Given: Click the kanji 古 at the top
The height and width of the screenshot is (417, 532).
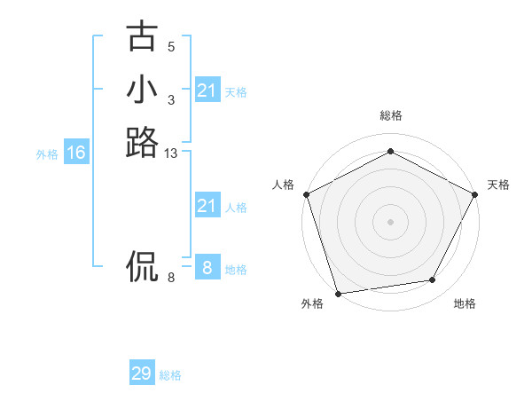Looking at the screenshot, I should click(x=142, y=37).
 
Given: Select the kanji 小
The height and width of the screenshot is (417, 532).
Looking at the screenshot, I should click(x=142, y=90).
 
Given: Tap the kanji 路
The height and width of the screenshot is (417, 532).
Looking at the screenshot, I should click(x=142, y=142).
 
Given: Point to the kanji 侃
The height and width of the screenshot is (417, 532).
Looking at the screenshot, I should click(x=142, y=264).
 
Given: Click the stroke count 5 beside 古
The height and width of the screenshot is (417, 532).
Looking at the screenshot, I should click(x=171, y=47).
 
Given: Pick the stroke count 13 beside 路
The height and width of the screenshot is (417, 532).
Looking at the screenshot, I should click(x=171, y=154).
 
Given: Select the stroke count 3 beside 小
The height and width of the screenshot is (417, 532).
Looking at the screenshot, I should click(x=171, y=100).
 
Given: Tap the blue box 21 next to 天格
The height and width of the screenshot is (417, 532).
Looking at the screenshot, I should click(x=207, y=90).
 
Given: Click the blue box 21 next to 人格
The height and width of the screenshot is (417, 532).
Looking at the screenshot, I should click(x=207, y=207).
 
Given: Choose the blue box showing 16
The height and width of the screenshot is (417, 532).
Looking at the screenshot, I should click(x=76, y=153).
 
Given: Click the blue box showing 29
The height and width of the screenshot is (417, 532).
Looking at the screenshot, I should click(x=141, y=374).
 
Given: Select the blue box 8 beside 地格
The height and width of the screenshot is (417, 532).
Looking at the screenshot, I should click(x=207, y=268).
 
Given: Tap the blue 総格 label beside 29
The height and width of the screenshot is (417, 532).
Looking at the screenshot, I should click(x=170, y=375).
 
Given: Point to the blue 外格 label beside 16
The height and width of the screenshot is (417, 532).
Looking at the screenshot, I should click(x=47, y=154).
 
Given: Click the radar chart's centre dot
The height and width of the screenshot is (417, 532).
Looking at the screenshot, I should click(x=390, y=222).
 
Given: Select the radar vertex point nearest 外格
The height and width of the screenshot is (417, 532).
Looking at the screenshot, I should click(x=338, y=294).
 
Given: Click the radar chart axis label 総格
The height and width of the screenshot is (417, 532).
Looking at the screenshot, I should click(x=390, y=115).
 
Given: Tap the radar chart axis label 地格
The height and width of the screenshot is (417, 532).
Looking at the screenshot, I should click(x=465, y=304).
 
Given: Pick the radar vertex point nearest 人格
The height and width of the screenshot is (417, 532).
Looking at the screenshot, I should click(x=306, y=193).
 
